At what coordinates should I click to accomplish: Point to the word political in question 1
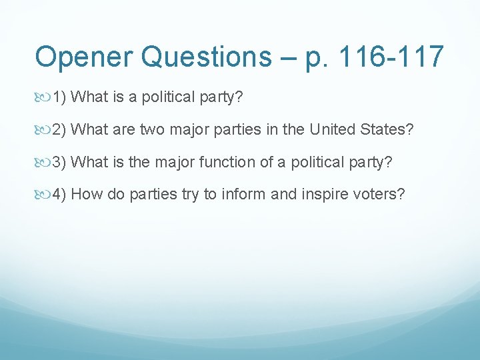click(x=163, y=97)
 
